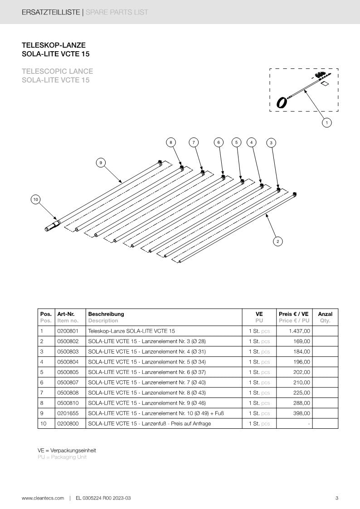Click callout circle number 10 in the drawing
click(x=35, y=199)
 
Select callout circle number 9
click(x=101, y=162)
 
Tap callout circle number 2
click(x=277, y=242)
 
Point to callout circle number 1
click(x=326, y=122)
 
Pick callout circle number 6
click(x=219, y=142)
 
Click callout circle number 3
click(x=271, y=143)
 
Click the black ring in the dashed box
click(x=282, y=102)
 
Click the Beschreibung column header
click(x=106, y=314)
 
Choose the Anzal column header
click(x=325, y=314)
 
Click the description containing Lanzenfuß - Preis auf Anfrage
click(x=149, y=424)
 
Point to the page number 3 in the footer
click(x=336, y=498)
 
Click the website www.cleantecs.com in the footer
click(x=43, y=498)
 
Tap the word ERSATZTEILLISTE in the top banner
click(x=50, y=12)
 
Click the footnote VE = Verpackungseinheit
click(x=67, y=451)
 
